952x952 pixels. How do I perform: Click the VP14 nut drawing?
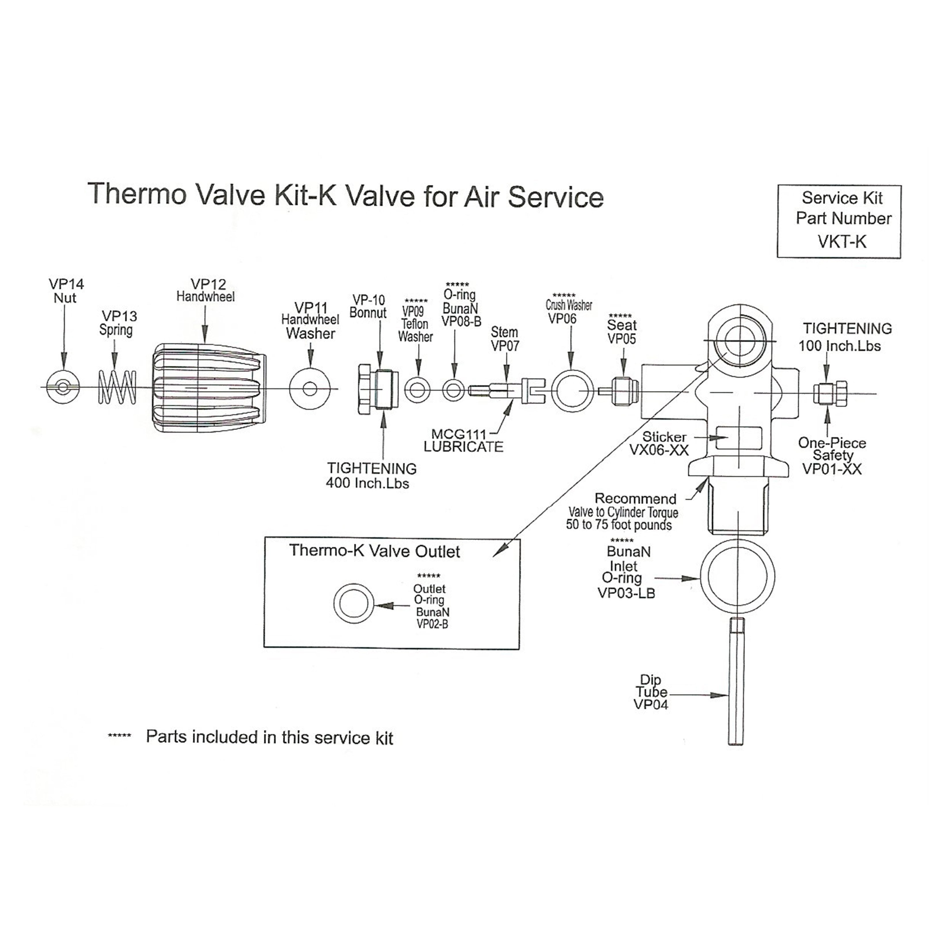point(63,387)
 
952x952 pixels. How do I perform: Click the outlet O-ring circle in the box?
point(354,604)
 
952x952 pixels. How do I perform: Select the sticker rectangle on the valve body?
point(738,438)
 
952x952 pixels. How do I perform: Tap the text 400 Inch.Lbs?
point(367,483)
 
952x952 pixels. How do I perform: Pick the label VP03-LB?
point(626,593)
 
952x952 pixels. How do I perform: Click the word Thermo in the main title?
point(137,194)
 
